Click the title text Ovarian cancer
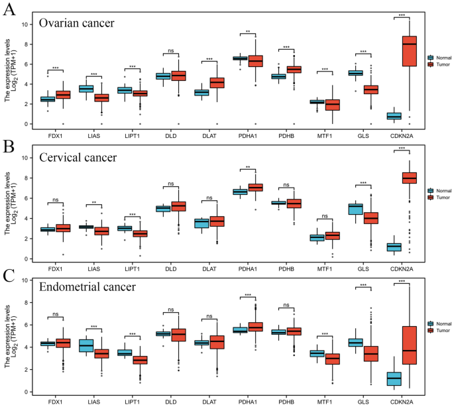pos(76,23)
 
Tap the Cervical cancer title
pos(78,158)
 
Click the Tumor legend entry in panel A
pos(441,64)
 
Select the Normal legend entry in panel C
pos(442,323)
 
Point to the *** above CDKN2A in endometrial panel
pos(402,282)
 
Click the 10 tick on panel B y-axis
pos(25,158)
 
